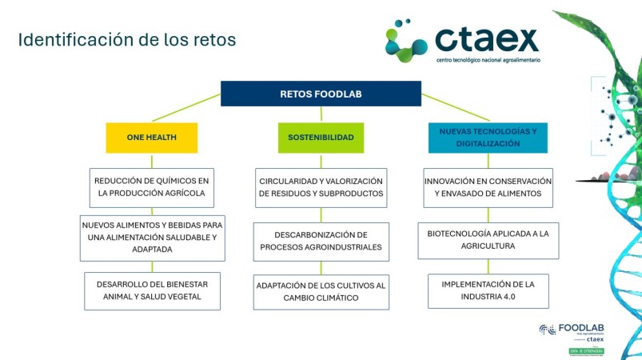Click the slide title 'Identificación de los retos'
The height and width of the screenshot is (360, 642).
point(127,39)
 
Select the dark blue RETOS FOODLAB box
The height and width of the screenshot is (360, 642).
point(321,94)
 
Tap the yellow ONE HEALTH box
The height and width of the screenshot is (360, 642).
point(151,137)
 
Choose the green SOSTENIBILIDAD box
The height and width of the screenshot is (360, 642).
point(321,137)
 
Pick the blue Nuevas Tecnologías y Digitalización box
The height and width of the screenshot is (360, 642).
point(488,137)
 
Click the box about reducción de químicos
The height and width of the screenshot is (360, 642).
point(151,187)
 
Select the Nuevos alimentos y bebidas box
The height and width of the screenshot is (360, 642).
point(151,238)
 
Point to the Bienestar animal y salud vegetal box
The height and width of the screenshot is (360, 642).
point(151,290)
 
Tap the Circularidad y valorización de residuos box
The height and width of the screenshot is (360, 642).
point(321,187)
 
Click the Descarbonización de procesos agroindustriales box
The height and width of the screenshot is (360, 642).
point(321,241)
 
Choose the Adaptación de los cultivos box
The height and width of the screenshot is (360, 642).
point(321,291)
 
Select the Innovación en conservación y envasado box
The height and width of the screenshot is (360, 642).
point(488,187)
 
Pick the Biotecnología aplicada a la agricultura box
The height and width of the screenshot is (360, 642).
point(488,240)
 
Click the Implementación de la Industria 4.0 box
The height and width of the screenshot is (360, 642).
point(488,290)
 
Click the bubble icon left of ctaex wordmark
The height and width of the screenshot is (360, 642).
point(407,40)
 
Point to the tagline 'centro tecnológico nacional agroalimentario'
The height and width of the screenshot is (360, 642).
point(487,60)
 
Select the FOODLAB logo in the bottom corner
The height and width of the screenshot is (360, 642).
point(571,331)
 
